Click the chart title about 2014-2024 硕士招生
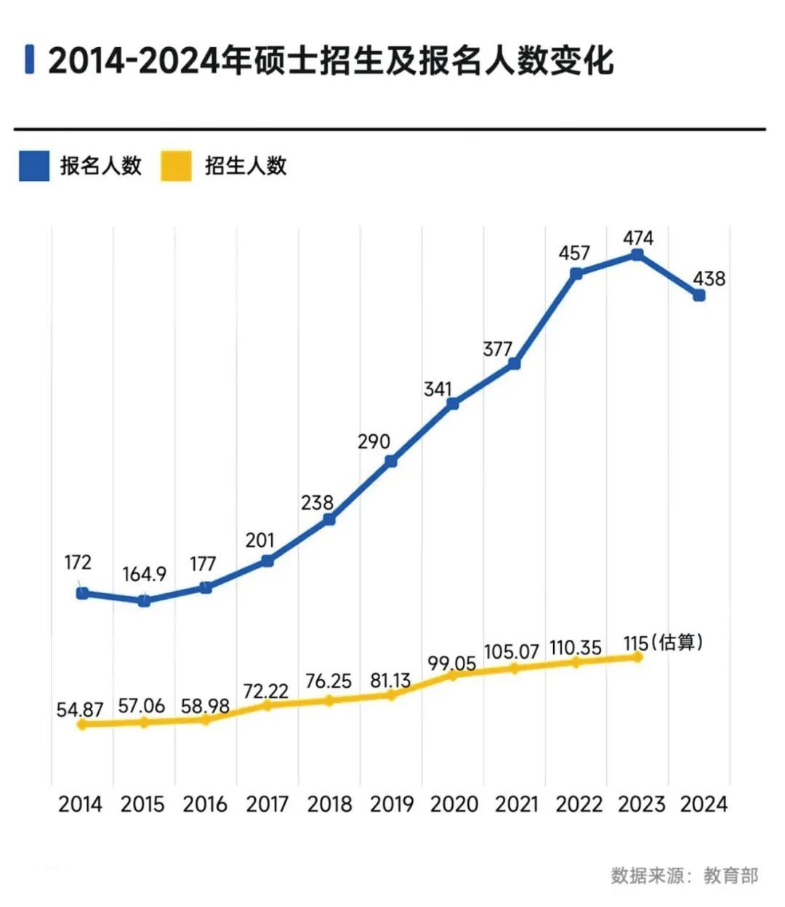(x=331, y=60)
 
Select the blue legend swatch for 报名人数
(x=34, y=166)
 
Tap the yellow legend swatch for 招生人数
(x=176, y=166)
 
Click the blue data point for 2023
(x=637, y=255)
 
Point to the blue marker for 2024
(x=699, y=296)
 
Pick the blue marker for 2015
(x=144, y=601)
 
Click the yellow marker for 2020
(x=452, y=675)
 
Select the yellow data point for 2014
(x=82, y=724)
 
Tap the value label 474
(x=638, y=238)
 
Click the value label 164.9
(x=144, y=574)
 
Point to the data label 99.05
(x=452, y=663)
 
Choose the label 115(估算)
(x=663, y=643)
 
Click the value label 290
(x=374, y=442)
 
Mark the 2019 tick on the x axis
(x=392, y=805)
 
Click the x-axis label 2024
(x=703, y=805)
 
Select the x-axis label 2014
(x=81, y=805)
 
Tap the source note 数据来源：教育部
(x=684, y=876)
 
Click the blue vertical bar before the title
(x=29, y=60)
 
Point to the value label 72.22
(x=266, y=691)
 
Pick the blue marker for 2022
(x=576, y=274)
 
